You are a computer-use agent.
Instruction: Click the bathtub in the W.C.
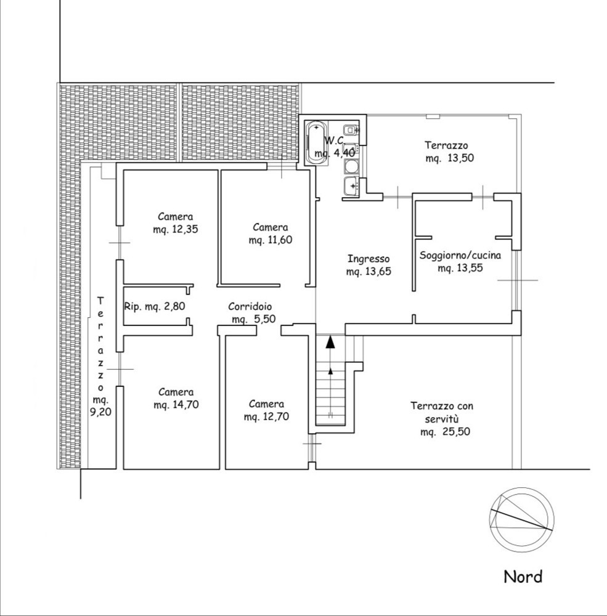coord(316,143)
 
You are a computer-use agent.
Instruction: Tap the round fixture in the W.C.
coord(350,167)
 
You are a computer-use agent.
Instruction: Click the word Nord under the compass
coord(523,577)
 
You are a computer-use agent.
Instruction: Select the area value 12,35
coord(185,229)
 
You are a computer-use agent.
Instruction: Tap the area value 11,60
coord(279,239)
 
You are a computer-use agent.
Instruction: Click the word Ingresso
coord(369,259)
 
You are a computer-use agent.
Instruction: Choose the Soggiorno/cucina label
coord(460,256)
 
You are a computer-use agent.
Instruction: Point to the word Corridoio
coord(250,306)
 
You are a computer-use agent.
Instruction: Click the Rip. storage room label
coord(155,306)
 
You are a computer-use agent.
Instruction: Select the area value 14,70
coord(185,404)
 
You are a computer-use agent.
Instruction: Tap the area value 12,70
coord(276,416)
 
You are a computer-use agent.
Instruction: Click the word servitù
coord(442,419)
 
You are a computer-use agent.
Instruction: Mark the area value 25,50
coord(457,432)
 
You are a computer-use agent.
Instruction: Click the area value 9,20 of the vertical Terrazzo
coord(100,412)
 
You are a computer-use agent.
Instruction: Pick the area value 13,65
coord(378,272)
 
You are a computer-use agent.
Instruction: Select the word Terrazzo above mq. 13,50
coord(446,145)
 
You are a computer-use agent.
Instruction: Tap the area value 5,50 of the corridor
coord(264,319)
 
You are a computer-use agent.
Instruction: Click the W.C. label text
coord(335,140)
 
